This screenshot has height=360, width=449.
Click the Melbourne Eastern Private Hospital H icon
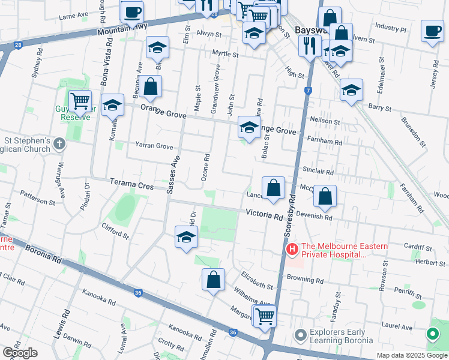292,248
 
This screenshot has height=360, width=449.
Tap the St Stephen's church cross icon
58,144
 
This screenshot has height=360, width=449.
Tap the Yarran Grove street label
154,146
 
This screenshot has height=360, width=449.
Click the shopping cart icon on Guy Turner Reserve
80,102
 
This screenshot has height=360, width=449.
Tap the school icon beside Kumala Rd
112,105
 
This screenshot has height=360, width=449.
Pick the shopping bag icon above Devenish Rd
325,196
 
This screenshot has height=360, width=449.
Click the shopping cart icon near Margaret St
264,315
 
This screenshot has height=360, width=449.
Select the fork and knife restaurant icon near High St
310,46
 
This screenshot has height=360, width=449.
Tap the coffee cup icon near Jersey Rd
432,31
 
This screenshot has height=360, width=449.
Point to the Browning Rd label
305,280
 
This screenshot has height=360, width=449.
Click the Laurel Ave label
399,328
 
